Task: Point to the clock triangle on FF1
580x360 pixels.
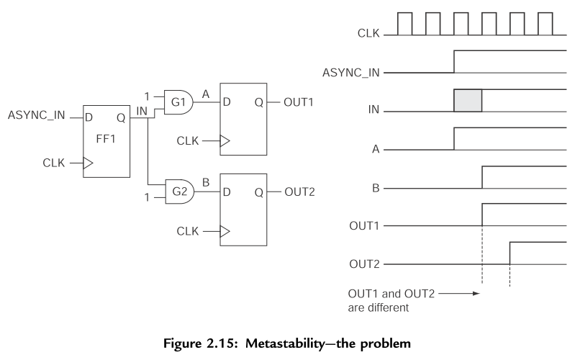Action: tap(88, 163)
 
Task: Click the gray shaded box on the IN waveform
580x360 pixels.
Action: tap(468, 102)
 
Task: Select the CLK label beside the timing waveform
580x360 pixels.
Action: tap(368, 32)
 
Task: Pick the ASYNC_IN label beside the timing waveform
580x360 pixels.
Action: tap(350, 71)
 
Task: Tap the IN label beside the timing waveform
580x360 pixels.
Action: tap(373, 111)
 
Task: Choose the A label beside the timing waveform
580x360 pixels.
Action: tap(376, 150)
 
